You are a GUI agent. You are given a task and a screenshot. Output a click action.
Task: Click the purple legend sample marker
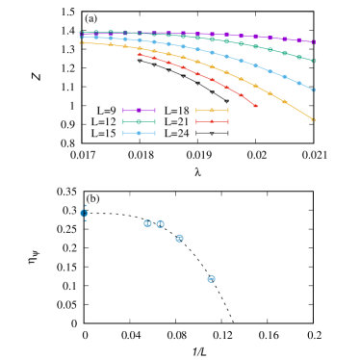[139, 111]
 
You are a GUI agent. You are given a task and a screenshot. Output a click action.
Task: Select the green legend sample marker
[139, 122]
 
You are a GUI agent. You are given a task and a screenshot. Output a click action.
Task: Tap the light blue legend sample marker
[139, 133]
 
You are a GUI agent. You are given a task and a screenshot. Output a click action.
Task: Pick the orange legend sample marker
[212, 111]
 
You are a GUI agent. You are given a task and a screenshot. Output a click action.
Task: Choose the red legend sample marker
[212, 121]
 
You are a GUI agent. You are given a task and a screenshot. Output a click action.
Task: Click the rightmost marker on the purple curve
[314, 42]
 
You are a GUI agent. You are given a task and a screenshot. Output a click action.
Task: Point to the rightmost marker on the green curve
[314, 61]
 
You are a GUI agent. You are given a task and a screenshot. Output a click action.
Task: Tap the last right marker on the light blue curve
[314, 90]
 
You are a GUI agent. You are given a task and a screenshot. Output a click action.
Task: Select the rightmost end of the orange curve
[314, 119]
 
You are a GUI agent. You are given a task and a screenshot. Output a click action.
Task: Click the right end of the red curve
[256, 106]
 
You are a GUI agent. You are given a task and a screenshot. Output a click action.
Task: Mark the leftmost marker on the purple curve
[81, 33]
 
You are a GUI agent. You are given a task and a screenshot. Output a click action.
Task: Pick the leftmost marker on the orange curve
[81, 42]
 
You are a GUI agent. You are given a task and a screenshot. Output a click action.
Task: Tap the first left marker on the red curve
[139, 54]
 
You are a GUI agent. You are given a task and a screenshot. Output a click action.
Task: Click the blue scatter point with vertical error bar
[85, 213]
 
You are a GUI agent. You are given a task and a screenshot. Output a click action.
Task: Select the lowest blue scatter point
[211, 278]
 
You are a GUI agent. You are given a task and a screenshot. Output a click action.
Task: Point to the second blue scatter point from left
[147, 222]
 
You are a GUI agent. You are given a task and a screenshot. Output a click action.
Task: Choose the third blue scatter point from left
[160, 224]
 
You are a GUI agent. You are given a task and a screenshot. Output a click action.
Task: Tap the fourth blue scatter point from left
[179, 238]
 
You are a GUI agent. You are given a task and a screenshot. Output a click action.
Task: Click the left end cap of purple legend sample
[123, 111]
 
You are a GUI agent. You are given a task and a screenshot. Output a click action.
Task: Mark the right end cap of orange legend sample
[228, 111]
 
